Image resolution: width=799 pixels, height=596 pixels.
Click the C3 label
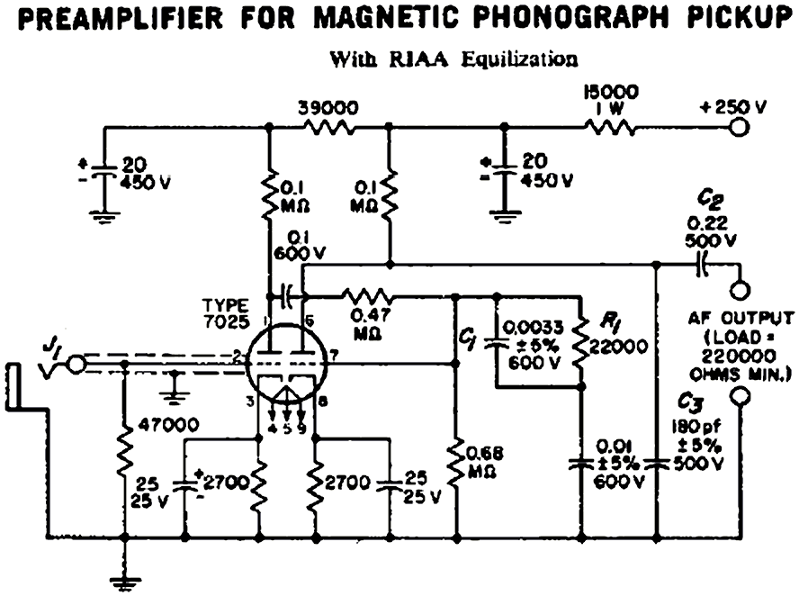pyautogui.click(x=693, y=402)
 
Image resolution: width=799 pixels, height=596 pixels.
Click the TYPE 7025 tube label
pyautogui.click(x=225, y=314)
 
